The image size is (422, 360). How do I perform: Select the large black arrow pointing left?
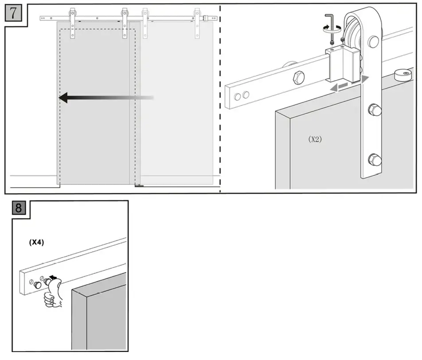click(106, 98)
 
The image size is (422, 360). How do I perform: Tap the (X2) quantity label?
click(315, 139)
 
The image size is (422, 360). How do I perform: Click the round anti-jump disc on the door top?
click(401, 74)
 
